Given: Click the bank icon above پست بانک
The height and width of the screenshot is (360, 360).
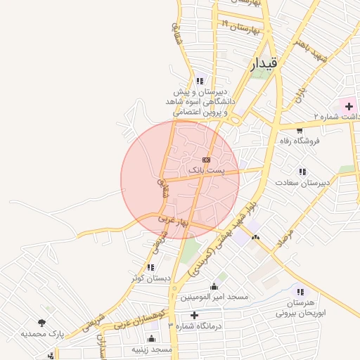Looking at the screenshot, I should click(205, 160).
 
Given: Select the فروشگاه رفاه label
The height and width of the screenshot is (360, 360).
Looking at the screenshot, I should click(299, 141).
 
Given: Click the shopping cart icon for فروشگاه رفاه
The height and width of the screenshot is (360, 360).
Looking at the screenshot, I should click(300, 130).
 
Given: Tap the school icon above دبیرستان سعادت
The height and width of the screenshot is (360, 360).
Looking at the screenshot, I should click(302, 172).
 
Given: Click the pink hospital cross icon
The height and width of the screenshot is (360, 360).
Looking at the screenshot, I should click(349, 105).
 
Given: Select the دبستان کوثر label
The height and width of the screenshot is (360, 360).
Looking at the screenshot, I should click(150, 278).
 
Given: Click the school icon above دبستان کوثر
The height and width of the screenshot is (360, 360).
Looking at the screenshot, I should click(150, 268).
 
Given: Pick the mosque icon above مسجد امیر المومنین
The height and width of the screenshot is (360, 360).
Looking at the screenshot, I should click(214, 287).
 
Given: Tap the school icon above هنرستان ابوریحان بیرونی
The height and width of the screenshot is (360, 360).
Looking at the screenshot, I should click(301, 292).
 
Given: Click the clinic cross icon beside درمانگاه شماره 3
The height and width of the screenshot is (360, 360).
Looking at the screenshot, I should click(195, 315).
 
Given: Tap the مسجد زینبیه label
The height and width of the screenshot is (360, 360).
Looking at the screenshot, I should click(152, 349).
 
